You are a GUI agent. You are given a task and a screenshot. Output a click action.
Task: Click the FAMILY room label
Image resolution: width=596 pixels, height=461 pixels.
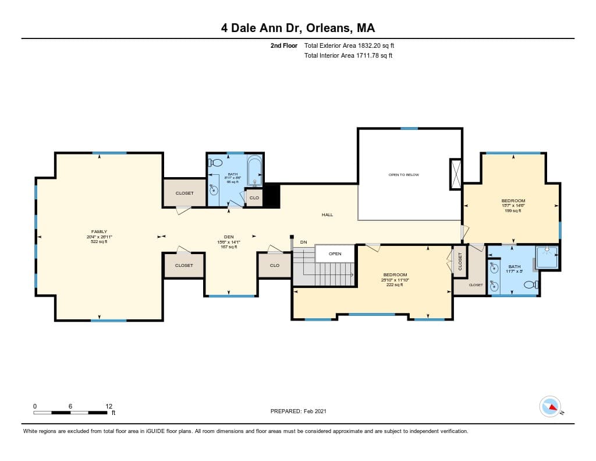click(x=99, y=231)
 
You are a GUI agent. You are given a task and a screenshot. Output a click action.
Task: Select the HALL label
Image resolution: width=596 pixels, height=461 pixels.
click(x=328, y=215)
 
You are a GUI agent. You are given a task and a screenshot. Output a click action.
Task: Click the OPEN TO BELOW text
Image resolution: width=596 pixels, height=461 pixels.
click(x=403, y=175)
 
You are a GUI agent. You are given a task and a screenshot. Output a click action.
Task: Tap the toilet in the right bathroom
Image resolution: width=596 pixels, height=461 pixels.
click(x=530, y=285)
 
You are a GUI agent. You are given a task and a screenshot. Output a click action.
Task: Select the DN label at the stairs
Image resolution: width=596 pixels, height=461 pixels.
click(x=303, y=242)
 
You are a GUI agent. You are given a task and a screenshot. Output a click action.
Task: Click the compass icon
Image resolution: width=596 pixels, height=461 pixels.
click(x=549, y=406)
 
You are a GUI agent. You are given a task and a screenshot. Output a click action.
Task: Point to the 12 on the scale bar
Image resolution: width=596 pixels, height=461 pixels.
click(x=108, y=406)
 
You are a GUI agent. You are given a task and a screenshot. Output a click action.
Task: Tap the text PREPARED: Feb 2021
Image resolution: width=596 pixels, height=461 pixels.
click(x=299, y=411)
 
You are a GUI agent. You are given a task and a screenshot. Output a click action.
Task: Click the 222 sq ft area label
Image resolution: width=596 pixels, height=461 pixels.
click(x=395, y=285)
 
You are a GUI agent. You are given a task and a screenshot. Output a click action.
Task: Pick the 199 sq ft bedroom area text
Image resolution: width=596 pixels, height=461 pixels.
click(x=513, y=210)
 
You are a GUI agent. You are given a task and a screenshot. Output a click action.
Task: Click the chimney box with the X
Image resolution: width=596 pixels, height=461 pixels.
click(x=456, y=174)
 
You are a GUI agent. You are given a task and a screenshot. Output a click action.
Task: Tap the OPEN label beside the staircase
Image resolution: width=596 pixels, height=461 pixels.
click(x=335, y=254)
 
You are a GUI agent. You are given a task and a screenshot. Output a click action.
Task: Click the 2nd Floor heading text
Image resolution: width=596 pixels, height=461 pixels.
click(x=284, y=45)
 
